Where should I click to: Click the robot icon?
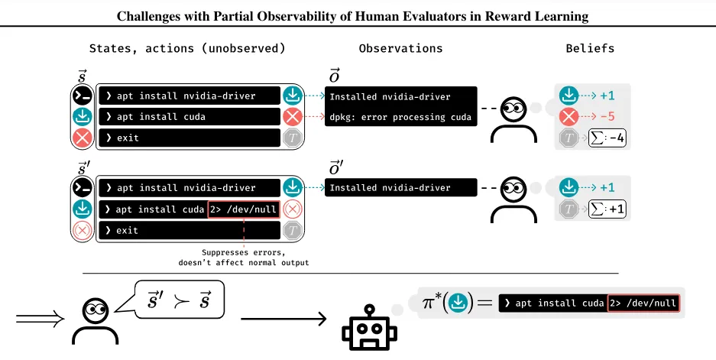tap(369, 328)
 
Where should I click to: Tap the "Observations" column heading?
tap(400, 48)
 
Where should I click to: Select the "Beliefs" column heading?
tap(590, 48)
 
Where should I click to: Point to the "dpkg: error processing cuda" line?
tap(400, 117)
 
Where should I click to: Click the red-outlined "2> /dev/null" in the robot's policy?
tap(644, 303)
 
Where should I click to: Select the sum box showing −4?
tap(607, 138)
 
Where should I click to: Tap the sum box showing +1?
tap(607, 209)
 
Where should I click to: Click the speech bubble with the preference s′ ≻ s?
tap(180, 300)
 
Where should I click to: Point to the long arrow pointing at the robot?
tap(283, 319)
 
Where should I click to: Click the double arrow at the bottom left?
tap(40, 319)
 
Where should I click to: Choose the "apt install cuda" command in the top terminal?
tap(156, 117)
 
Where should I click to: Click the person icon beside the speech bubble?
tap(96, 321)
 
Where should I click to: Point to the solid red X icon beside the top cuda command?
tap(293, 117)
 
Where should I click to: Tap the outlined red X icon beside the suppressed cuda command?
tap(293, 209)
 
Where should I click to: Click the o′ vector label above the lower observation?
tap(336, 169)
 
